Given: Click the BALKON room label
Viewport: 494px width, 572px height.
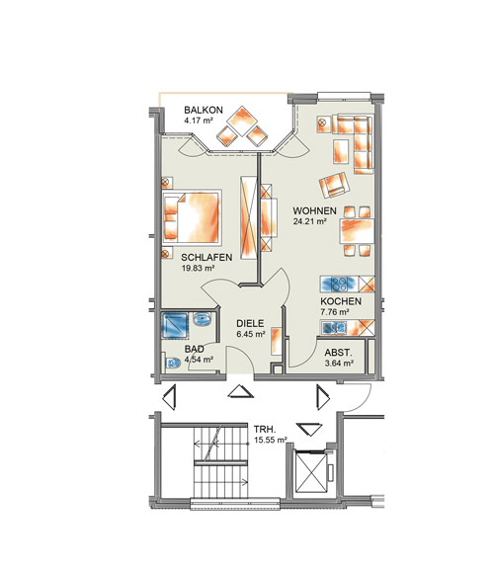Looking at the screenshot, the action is tap(204, 110).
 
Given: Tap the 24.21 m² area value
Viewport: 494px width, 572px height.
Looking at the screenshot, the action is tap(309, 221).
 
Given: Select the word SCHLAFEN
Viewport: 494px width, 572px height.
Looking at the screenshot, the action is tap(206, 257).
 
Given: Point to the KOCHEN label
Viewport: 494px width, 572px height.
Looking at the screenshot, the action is tap(341, 301).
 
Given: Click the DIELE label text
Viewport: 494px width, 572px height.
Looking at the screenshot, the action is tap(250, 323).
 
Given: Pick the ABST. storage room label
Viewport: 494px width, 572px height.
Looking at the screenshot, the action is tap(339, 353).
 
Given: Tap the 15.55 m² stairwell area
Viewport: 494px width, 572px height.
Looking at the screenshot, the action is tap(271, 441).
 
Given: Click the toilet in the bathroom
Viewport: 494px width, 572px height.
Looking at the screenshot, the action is tap(172, 363).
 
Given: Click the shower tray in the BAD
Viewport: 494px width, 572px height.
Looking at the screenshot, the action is tap(175, 325).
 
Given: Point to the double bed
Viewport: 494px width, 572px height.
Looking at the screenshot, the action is tap(192, 216).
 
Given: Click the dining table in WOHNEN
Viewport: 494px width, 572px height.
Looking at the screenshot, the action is tap(357, 231).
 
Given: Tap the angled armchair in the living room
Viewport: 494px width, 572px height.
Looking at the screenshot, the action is tap(334, 185).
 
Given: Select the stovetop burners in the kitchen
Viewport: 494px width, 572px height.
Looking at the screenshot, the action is tap(340, 284).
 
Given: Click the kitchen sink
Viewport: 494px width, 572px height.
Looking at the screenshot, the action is tap(334, 328).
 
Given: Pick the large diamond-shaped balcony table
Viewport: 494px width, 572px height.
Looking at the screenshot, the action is tap(242, 121).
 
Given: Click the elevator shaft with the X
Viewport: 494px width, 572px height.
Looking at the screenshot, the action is tap(310, 471).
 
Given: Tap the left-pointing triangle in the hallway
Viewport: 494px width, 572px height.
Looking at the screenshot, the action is tap(169, 397).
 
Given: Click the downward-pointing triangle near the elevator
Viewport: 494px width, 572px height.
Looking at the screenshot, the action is tap(309, 429).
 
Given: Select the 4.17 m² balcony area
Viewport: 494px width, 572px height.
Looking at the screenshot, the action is tap(199, 121).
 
